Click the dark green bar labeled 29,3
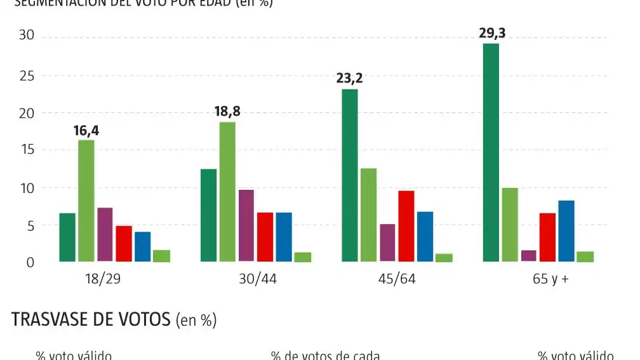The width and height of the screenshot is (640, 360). [491, 152]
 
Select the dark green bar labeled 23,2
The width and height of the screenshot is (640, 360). [350, 175]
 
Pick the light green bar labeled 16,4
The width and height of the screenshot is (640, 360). [86, 201]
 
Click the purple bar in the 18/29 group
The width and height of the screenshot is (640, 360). [105, 234]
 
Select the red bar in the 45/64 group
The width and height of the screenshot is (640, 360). [406, 226]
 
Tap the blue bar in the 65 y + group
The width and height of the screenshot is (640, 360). [566, 231]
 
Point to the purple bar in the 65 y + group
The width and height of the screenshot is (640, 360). [528, 255]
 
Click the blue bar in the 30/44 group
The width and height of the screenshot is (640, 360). [284, 237]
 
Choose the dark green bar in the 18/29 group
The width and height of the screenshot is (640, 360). [67, 237]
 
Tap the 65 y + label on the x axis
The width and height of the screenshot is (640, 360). [550, 279]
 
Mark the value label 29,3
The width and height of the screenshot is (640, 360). [492, 33]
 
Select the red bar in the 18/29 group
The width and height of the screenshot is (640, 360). [124, 244]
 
